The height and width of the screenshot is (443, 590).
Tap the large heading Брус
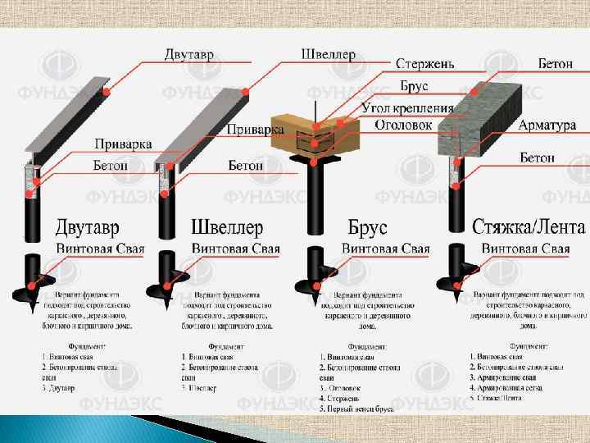click(x=368, y=226)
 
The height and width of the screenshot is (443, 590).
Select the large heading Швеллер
click(x=227, y=226)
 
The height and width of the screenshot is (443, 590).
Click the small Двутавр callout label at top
click(x=188, y=55)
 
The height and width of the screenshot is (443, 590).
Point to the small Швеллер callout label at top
click(x=329, y=55)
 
